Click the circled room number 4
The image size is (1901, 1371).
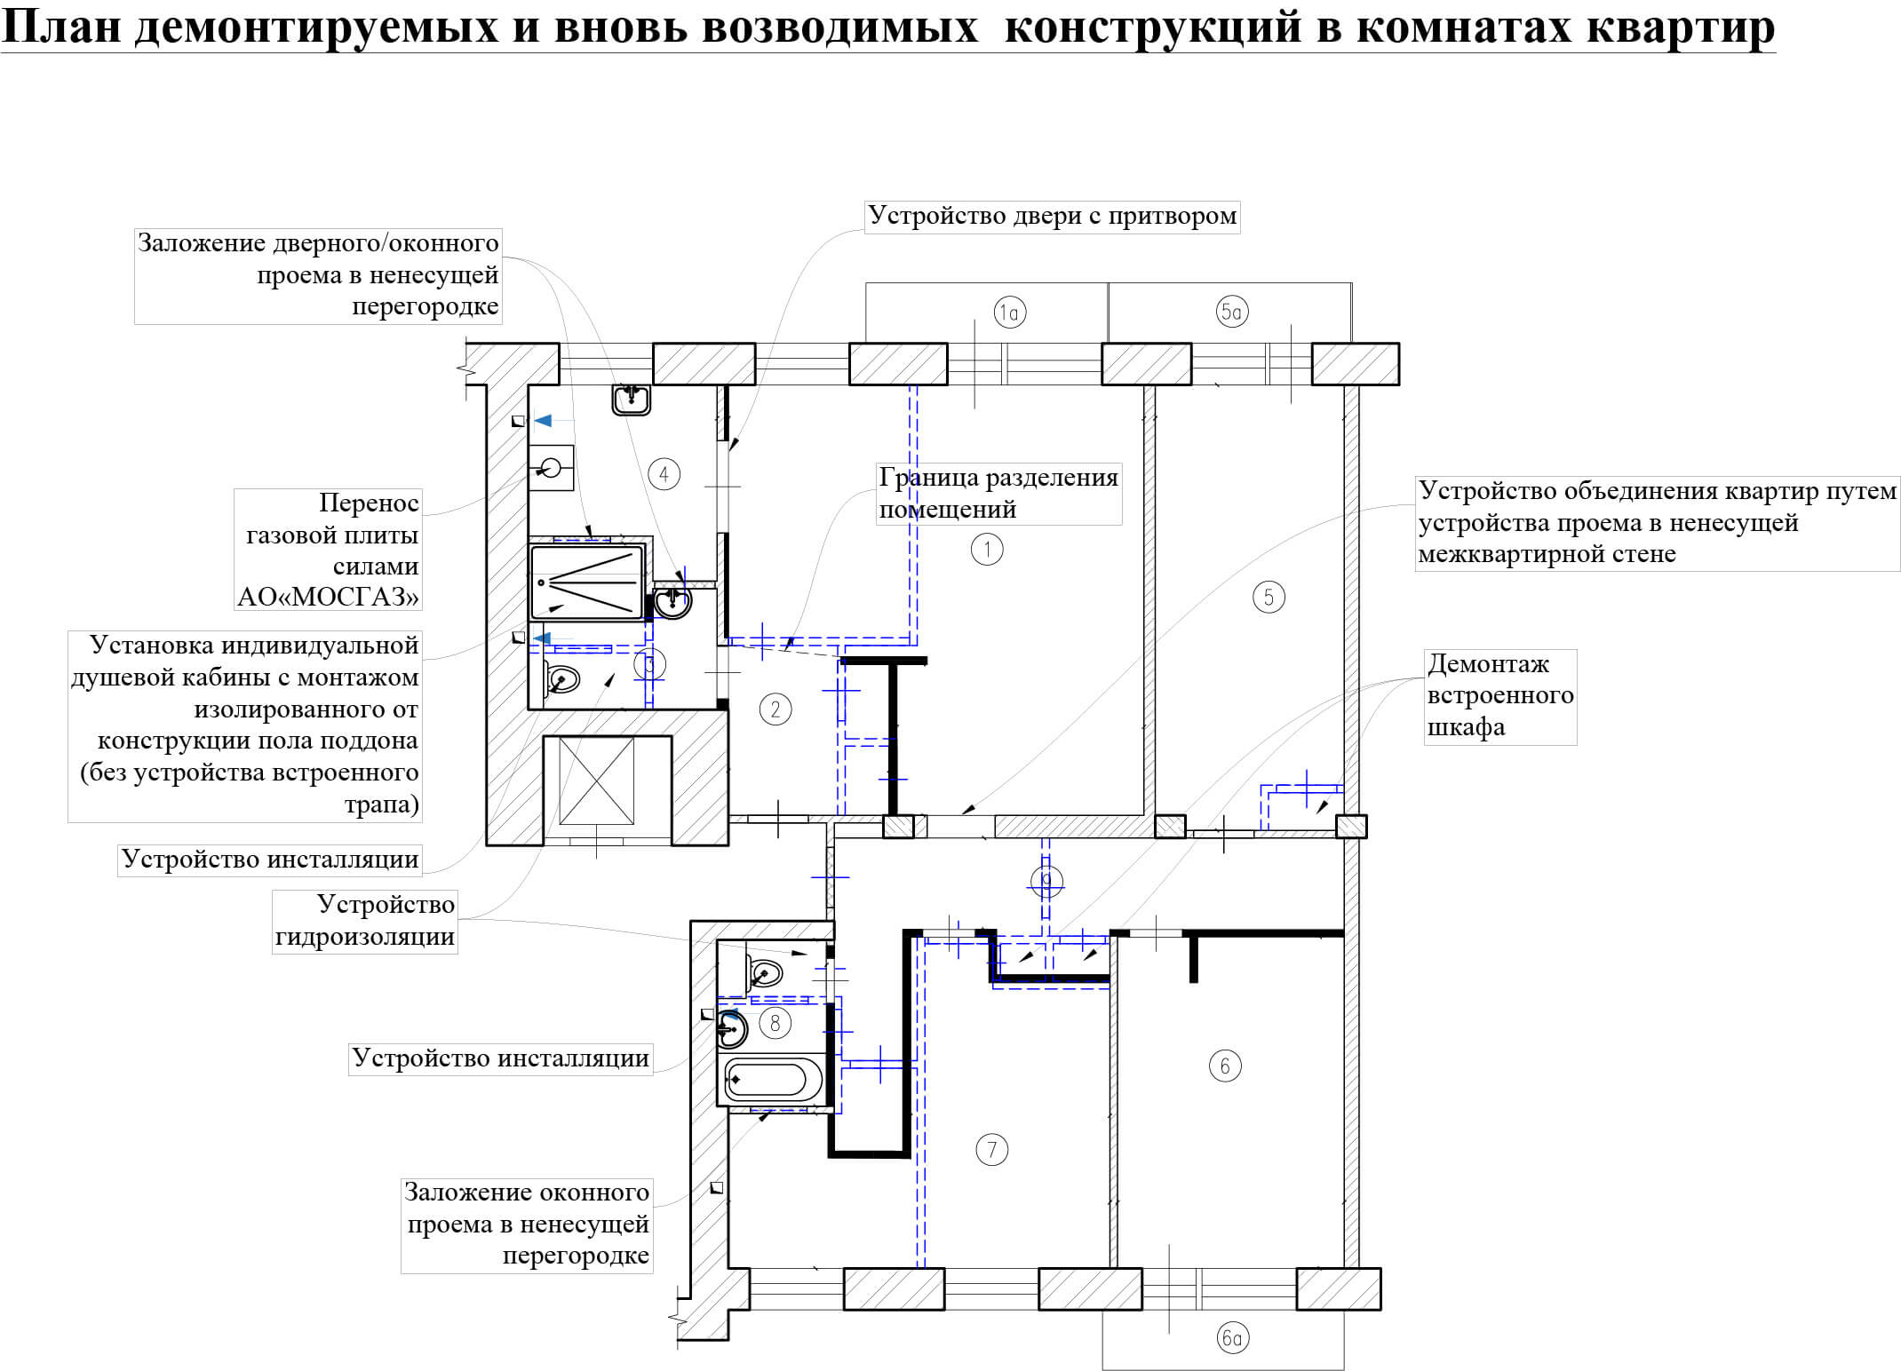click(x=664, y=473)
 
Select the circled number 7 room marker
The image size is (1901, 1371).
click(x=991, y=1150)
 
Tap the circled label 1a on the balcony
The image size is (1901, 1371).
click(x=1010, y=312)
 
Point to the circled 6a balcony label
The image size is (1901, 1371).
click(x=1232, y=1336)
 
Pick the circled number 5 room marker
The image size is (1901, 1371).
click(x=1268, y=597)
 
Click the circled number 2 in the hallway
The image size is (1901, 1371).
click(x=775, y=709)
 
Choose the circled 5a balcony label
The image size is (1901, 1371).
click(x=1232, y=312)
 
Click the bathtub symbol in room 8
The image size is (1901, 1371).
click(x=771, y=1080)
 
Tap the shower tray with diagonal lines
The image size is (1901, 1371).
click(x=587, y=582)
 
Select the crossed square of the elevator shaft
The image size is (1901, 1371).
click(x=596, y=780)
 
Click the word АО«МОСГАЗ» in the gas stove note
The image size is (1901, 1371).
click(x=328, y=596)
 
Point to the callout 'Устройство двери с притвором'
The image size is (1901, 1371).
click(x=1052, y=216)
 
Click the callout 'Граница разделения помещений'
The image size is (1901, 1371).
click(x=998, y=493)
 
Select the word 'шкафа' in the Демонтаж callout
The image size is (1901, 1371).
click(x=1466, y=727)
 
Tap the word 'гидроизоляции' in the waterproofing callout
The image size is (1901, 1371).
click(x=365, y=936)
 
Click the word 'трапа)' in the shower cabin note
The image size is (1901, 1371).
click(x=381, y=804)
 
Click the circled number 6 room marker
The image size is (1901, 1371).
click(x=1225, y=1066)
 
